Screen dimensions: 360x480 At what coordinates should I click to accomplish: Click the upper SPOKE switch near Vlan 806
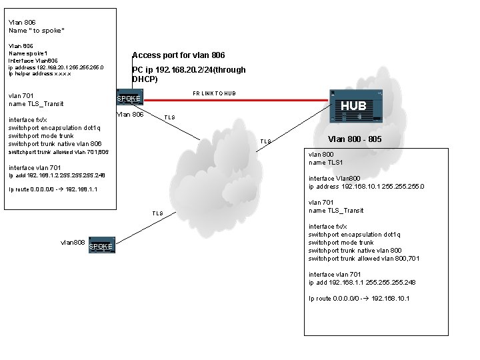[x=129, y=99]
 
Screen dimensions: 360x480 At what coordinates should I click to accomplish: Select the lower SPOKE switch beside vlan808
[x=101, y=246]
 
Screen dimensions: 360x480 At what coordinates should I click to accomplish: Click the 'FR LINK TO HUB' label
[x=214, y=93]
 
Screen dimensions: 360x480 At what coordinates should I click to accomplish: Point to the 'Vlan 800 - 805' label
[x=355, y=139]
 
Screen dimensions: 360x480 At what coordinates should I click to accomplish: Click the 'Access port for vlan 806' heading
[x=179, y=55]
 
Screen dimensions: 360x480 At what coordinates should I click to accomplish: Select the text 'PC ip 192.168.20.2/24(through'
[x=189, y=69]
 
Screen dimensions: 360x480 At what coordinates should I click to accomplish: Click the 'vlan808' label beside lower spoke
[x=73, y=243]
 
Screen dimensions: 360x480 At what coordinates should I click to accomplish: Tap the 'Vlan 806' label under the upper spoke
[x=130, y=115]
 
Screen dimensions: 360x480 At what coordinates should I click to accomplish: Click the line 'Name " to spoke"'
[x=37, y=31]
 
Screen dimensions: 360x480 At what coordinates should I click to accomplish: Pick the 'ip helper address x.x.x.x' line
[x=39, y=73]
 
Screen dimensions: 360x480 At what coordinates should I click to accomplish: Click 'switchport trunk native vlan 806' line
[x=55, y=144]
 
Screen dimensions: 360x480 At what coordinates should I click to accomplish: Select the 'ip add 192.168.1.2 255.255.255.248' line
[x=57, y=175]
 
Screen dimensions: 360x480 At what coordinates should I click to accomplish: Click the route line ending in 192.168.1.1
[x=53, y=189]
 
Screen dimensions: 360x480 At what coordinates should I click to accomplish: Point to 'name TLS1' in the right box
[x=325, y=162]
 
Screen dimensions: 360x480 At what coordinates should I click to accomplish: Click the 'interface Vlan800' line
[x=335, y=178]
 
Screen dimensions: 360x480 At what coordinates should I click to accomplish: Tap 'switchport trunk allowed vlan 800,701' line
[x=364, y=259]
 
